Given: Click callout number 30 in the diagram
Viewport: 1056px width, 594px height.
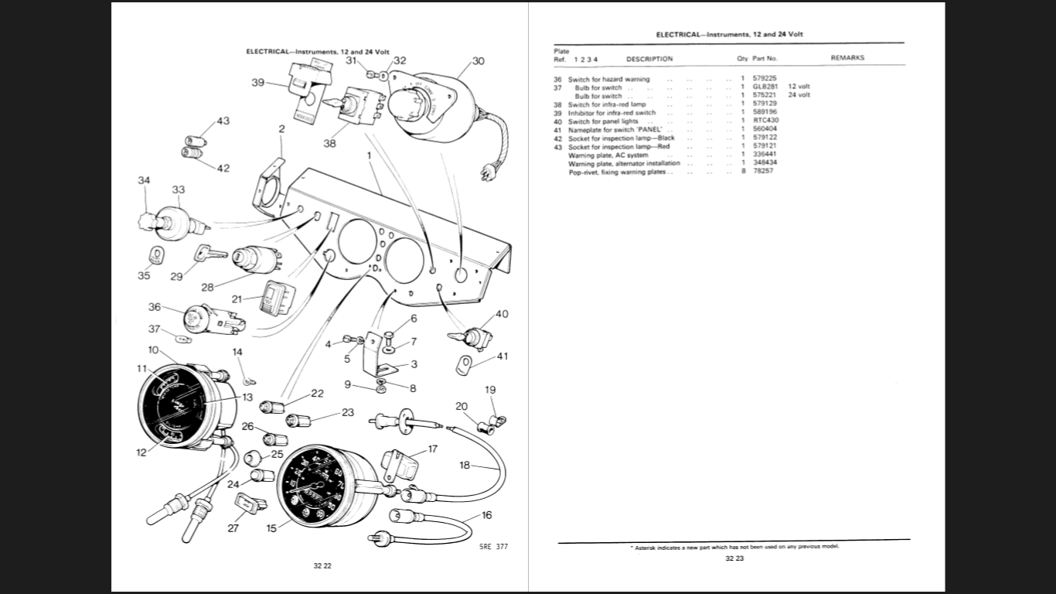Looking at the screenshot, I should (x=478, y=61).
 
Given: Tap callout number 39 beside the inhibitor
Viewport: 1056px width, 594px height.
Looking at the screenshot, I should (x=258, y=83).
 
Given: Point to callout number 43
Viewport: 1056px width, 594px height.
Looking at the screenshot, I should (x=223, y=121).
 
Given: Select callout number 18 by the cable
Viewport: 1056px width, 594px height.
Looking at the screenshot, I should (x=464, y=466).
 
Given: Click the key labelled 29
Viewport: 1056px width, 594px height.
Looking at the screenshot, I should (x=209, y=252).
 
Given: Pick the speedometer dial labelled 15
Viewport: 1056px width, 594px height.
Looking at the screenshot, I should (x=317, y=485).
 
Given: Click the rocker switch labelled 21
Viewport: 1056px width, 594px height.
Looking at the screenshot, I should (x=275, y=297).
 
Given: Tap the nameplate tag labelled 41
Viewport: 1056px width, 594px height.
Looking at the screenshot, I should (x=464, y=364).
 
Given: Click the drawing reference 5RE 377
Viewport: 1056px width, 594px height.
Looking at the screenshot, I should (x=493, y=547).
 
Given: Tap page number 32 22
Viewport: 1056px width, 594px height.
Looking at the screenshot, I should (x=322, y=567).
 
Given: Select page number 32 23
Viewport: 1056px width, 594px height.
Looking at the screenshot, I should (x=734, y=558).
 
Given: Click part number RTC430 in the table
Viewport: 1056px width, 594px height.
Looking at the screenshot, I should (x=765, y=121).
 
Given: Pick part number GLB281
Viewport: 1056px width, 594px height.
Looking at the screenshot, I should (x=765, y=87).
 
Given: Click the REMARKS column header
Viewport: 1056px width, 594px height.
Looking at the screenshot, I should (x=847, y=58).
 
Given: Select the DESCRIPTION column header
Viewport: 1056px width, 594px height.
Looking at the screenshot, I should (x=649, y=59).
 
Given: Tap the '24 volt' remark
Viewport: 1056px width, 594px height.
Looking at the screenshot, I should (x=799, y=95).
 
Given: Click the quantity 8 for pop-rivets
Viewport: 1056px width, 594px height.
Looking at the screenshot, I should (x=743, y=171).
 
